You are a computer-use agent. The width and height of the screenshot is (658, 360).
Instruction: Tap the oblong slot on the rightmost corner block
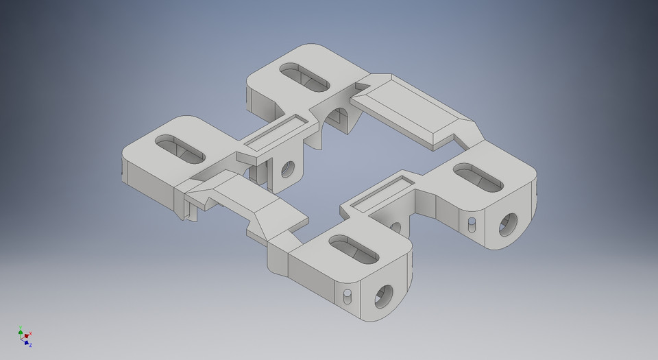[479, 177]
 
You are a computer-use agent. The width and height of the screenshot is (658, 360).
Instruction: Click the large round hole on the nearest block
[381, 296]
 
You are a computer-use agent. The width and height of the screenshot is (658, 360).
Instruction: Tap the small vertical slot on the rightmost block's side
[472, 224]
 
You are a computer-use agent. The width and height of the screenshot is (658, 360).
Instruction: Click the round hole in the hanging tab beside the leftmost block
[288, 167]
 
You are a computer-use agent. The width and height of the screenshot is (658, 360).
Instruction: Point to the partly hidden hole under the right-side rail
[395, 227]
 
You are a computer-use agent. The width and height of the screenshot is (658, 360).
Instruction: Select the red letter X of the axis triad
[31, 333]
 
